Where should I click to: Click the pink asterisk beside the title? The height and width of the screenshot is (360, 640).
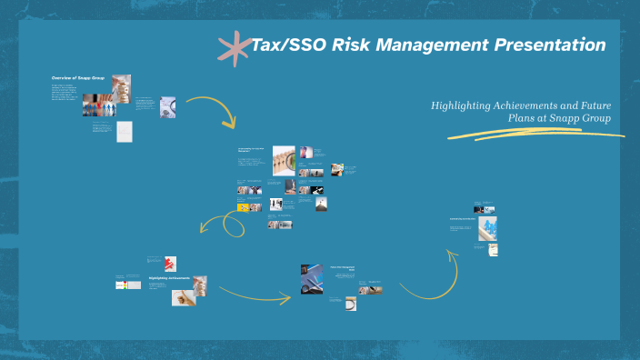point(235,48)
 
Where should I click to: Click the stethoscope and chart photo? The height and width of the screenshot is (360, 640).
point(168,107)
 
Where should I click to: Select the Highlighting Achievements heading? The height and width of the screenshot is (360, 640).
point(169,278)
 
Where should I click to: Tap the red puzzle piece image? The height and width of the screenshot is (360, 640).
point(170,264)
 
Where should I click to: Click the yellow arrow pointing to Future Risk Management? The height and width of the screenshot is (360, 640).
point(255,295)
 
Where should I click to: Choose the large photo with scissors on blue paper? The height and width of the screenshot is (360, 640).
point(312,279)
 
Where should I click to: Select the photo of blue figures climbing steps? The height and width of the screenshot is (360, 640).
point(487,229)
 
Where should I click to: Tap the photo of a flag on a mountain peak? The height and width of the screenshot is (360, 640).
point(321,205)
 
